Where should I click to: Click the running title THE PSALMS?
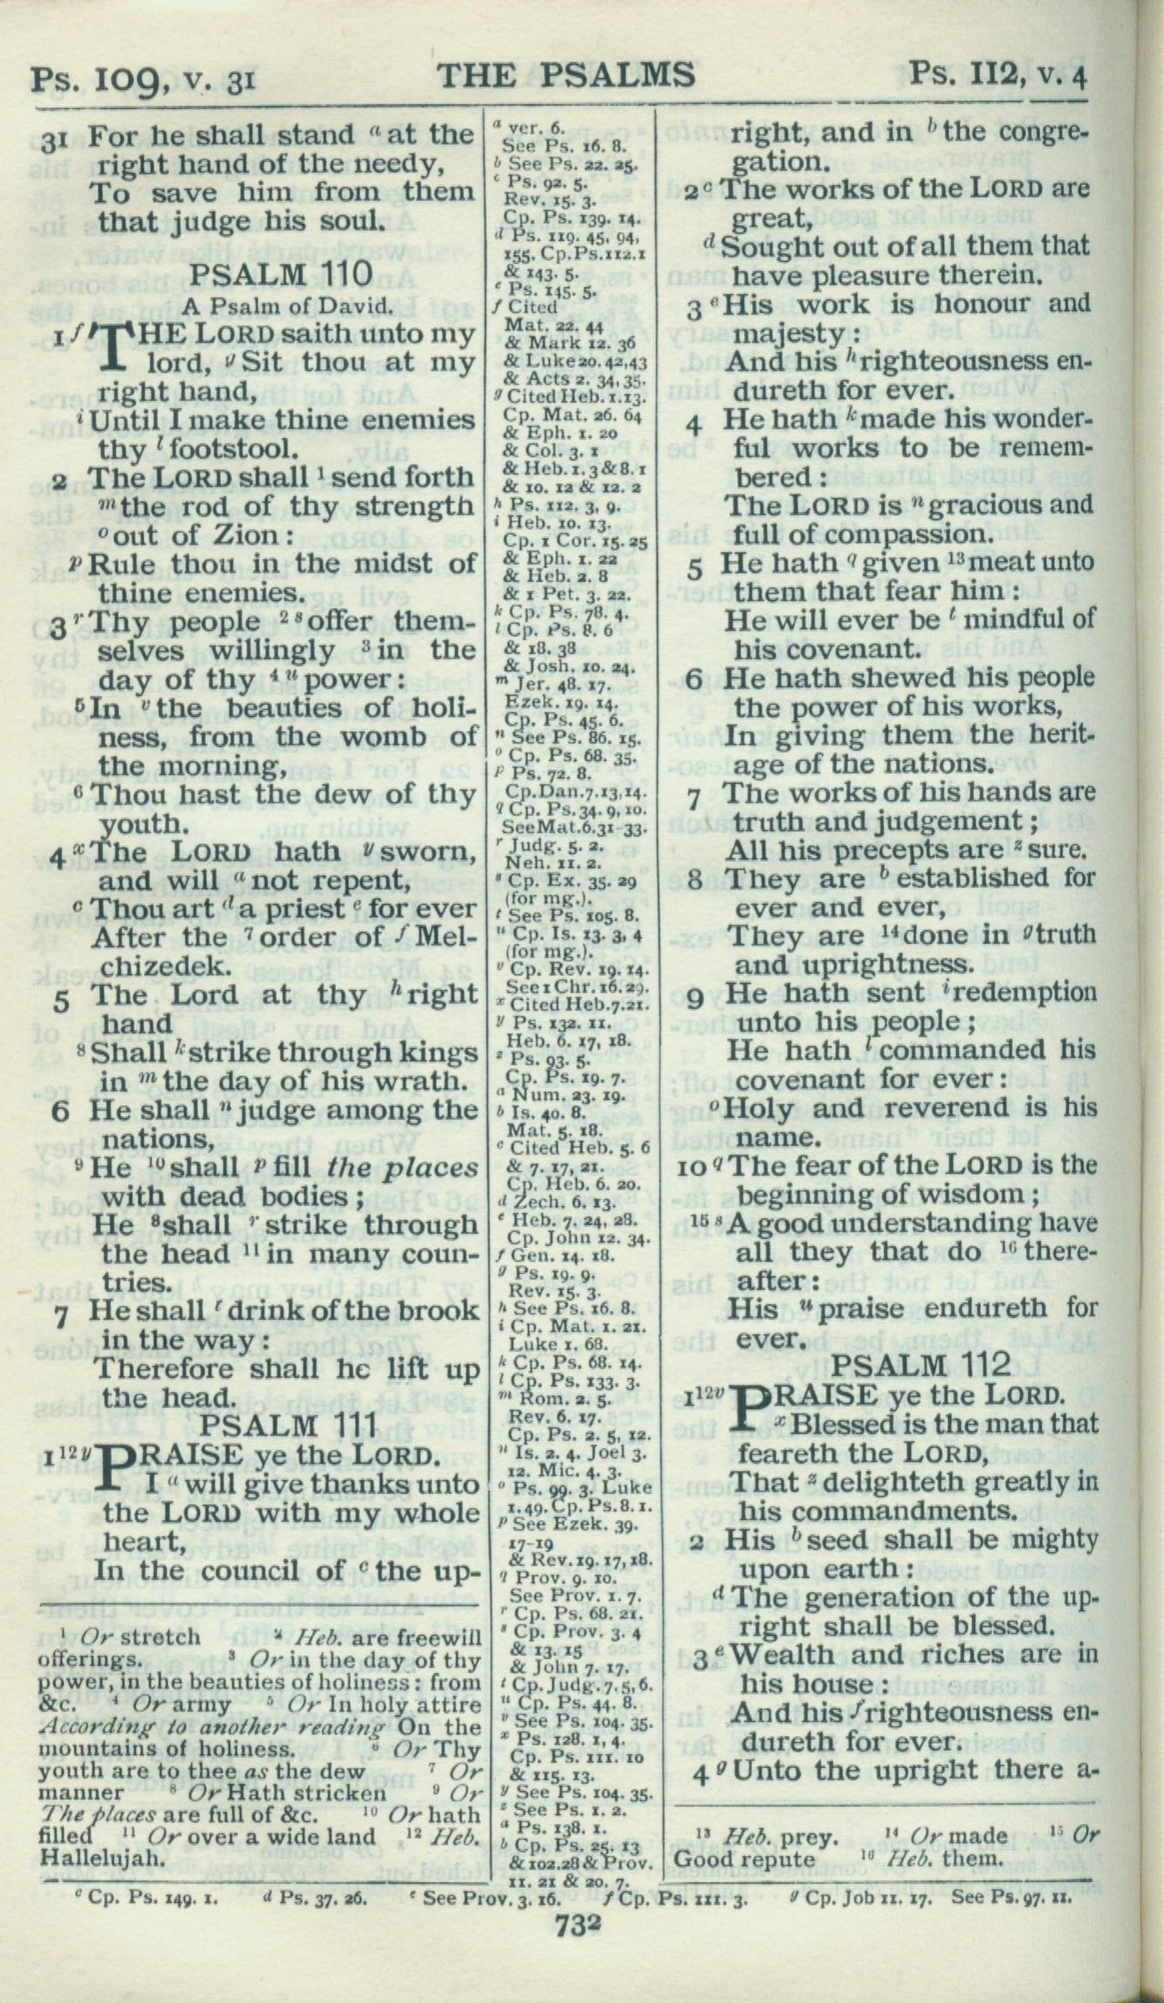(x=566, y=76)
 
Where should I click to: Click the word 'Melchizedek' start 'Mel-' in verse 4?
(x=445, y=937)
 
